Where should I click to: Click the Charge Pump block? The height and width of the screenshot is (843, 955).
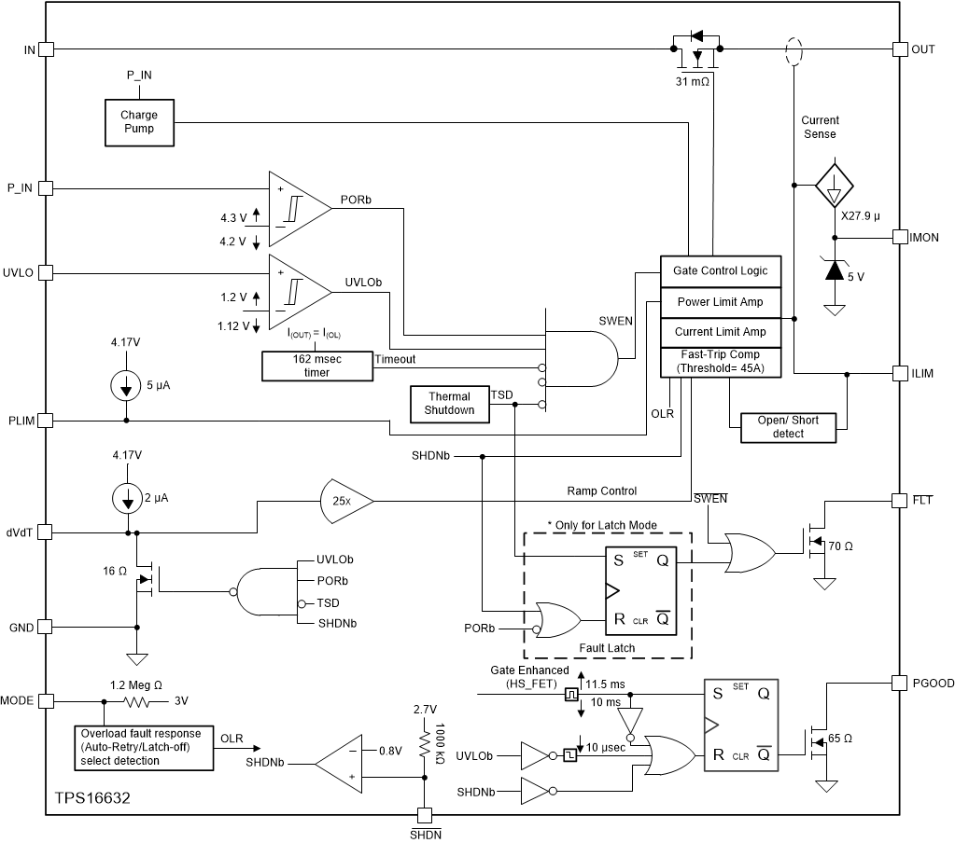click(x=138, y=121)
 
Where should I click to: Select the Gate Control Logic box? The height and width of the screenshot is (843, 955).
click(x=720, y=270)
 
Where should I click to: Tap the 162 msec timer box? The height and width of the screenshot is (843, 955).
click(x=316, y=366)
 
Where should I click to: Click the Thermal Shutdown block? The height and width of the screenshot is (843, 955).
click(x=448, y=404)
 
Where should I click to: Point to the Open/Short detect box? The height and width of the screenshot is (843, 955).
click(x=788, y=427)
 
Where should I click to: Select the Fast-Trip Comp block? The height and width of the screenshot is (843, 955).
click(x=720, y=361)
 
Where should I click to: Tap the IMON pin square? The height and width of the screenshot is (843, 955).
click(x=901, y=237)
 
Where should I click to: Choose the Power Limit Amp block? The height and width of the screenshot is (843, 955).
click(x=720, y=301)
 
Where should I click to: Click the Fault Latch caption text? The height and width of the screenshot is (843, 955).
click(x=606, y=648)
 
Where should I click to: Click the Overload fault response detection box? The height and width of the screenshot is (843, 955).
click(x=145, y=747)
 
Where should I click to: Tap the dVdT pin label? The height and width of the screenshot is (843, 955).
click(x=20, y=532)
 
